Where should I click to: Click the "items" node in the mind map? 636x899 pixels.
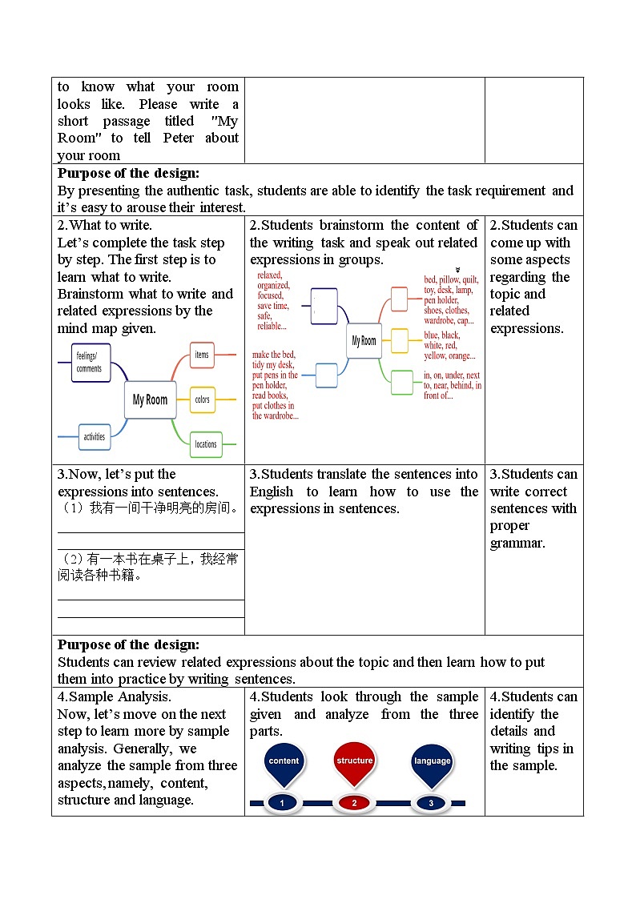point(202,354)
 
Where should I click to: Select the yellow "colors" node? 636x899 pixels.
point(203,399)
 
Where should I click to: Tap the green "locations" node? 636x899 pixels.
point(206,443)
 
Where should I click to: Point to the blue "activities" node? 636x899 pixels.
point(95,436)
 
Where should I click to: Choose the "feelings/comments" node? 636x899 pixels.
point(90,363)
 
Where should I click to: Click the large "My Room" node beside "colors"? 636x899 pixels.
point(150,399)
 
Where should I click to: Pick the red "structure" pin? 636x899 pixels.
point(355,761)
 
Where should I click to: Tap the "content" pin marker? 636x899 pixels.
point(284,761)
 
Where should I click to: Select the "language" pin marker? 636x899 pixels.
point(432,761)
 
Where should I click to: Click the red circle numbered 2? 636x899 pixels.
point(355,803)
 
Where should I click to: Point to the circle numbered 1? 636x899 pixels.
point(281,803)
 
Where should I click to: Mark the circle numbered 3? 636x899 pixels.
point(431,803)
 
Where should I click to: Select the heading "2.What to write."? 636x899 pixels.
point(105,226)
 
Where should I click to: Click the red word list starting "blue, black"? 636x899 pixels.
point(449,346)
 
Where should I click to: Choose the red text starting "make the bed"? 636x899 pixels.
point(276,385)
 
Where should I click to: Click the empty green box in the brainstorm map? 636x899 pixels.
point(402,383)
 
